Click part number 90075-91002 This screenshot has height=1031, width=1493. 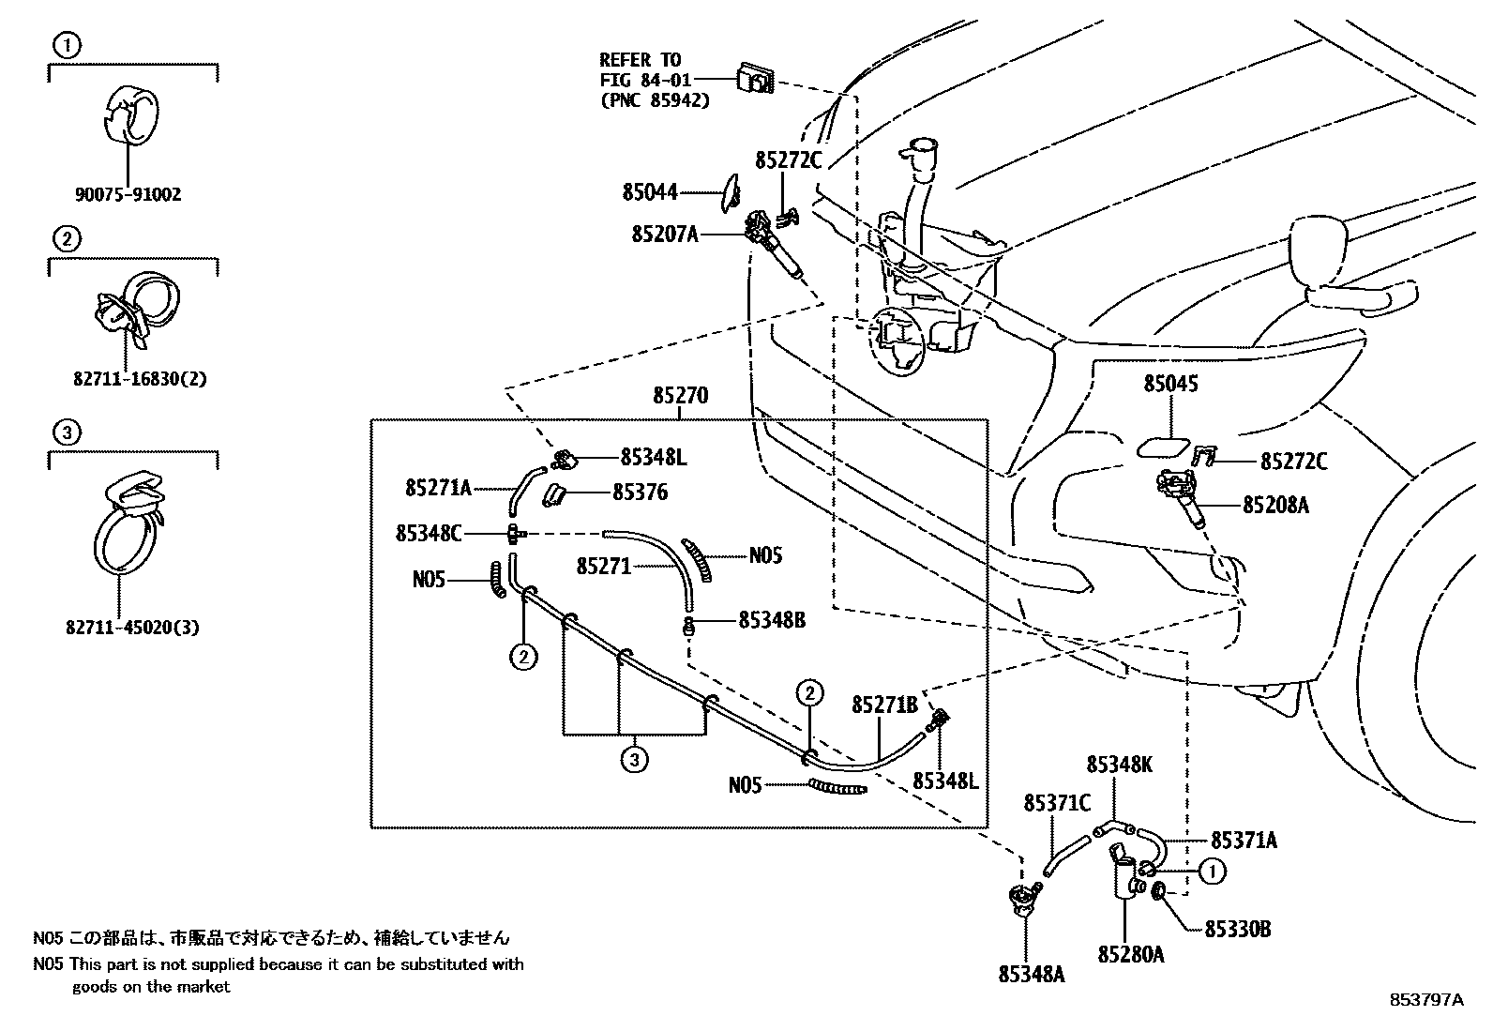[x=128, y=195]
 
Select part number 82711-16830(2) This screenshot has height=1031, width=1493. [x=139, y=380]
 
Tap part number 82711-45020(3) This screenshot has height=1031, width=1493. [x=132, y=628]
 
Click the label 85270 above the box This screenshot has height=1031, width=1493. [x=680, y=397]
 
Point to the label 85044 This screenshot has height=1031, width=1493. [x=649, y=193]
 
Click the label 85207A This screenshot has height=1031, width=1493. [x=664, y=234]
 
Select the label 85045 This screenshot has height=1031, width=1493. [x=1170, y=384]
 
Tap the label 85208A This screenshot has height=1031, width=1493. [x=1275, y=506]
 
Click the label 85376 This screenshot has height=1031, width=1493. [x=641, y=493]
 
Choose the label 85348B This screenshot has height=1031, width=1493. [x=772, y=620]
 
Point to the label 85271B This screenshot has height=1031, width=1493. [x=884, y=705]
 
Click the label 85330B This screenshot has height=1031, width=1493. [x=1238, y=930]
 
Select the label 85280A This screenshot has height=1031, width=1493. [x=1131, y=954]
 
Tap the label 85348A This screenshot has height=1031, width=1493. [x=1032, y=975]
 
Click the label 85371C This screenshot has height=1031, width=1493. [x=1057, y=803]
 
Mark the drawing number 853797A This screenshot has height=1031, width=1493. [x=1425, y=1000]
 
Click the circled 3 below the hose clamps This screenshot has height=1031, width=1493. [x=634, y=759]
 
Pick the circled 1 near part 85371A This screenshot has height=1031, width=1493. [x=1212, y=872]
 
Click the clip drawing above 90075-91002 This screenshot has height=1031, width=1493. [x=128, y=114]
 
